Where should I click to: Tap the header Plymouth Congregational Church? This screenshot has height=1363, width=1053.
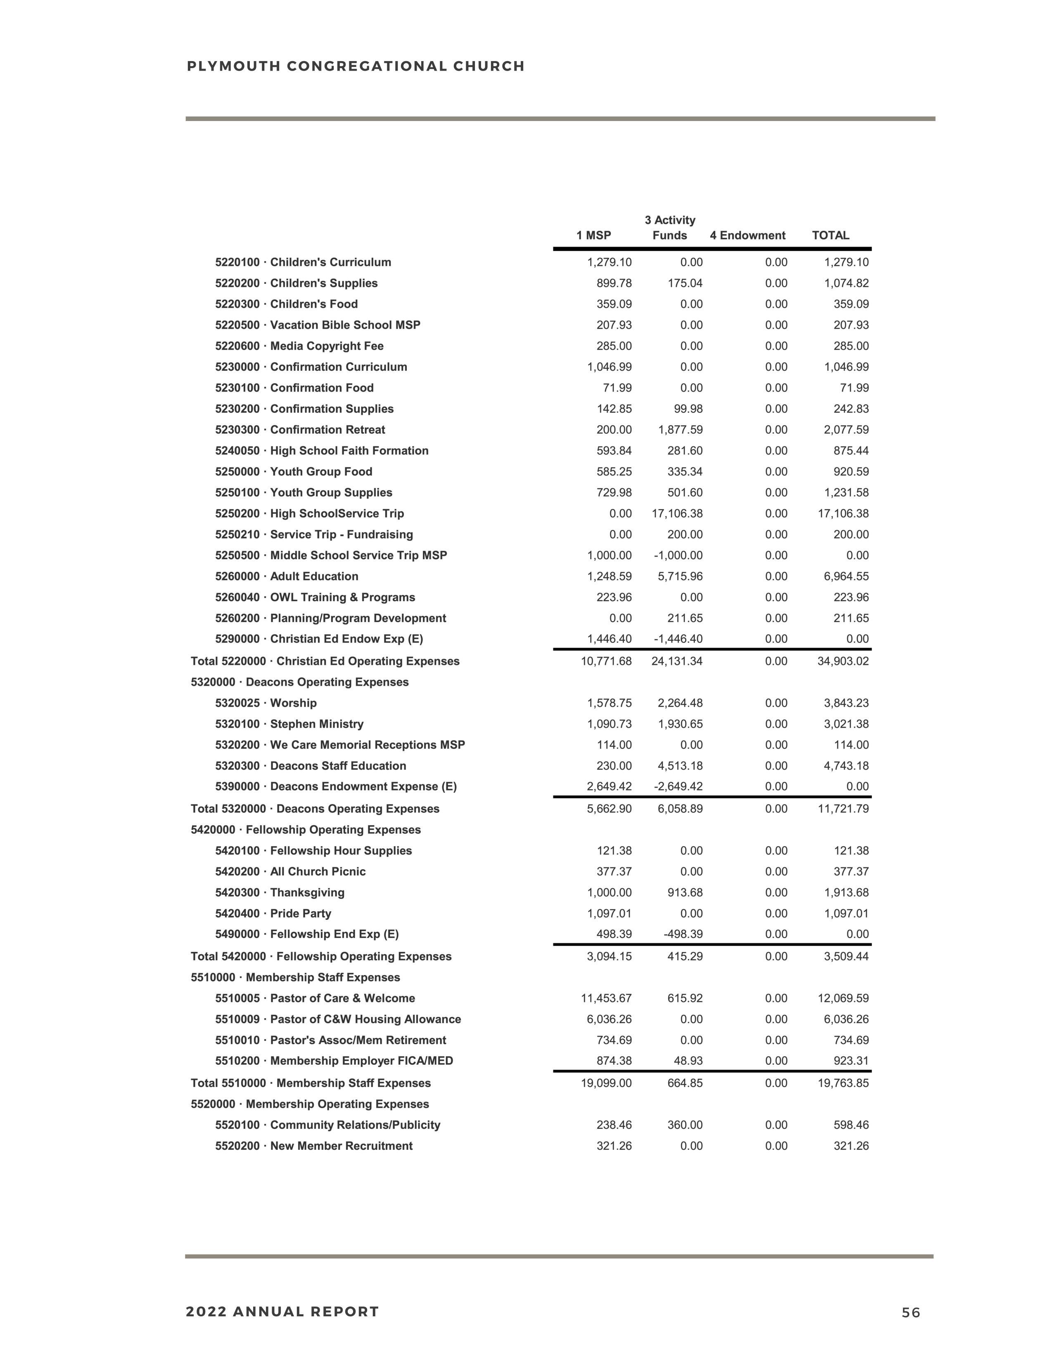coord(356,66)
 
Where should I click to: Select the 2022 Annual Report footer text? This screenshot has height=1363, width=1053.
coord(282,1311)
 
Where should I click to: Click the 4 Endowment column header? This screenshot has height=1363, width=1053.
coord(747,235)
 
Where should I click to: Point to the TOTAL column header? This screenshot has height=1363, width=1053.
coord(830,235)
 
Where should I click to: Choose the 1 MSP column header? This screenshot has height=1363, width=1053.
coord(593,235)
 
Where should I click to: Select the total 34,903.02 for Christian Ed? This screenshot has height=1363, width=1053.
coord(843,661)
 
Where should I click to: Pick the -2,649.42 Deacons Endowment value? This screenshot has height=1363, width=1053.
coord(678,786)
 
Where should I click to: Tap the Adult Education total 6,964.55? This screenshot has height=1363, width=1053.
coord(846,576)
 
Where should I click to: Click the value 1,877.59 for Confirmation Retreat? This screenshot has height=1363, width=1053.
coord(680,430)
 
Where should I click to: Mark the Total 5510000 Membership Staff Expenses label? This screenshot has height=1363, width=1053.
coord(311,1083)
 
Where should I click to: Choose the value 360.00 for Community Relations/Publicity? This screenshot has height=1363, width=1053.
coord(685,1125)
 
